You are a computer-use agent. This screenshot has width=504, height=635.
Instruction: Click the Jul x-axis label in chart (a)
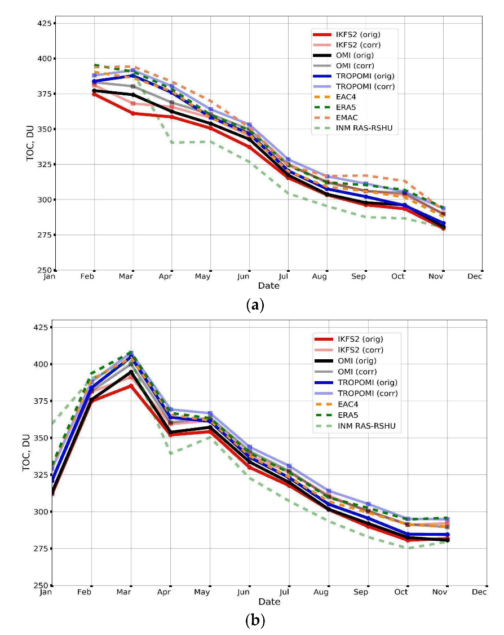[288, 277]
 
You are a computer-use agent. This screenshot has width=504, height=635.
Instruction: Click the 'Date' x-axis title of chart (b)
[269, 602]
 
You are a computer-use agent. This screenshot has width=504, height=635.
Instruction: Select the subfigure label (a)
[255, 305]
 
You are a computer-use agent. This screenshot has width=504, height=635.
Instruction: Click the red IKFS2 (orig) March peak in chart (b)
[131, 386]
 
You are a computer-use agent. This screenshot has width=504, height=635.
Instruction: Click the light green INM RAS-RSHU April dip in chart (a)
[173, 142]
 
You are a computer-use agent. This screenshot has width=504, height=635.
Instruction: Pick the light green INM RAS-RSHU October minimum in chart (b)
[408, 548]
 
